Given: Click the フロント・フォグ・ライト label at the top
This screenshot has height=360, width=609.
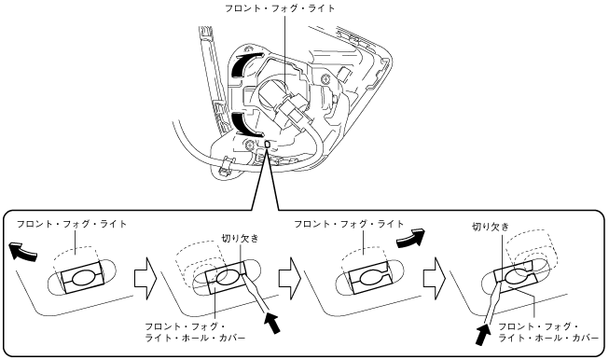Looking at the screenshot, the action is pos(280,8).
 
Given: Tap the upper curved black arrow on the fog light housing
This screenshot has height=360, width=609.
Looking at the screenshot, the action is pos(240,66).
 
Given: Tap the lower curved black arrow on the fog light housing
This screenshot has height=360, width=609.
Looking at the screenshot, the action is pos(243,125).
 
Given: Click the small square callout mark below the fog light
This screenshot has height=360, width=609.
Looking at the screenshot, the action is pos(267,145).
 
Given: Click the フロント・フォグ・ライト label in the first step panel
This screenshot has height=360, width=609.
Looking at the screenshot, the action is pos(72,224).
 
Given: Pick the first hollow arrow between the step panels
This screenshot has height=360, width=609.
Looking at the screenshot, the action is pos(145,278).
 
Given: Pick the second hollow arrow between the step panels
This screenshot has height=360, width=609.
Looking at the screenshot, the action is pos(290,278).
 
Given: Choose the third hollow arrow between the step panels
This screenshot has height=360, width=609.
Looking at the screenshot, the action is pos(435,278).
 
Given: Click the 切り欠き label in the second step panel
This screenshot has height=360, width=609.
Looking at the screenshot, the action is pos(240,238).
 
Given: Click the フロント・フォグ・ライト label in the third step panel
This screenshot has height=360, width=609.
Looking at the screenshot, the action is pos(349,224).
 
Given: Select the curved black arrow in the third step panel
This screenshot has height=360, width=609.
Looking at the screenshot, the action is pos(411,238).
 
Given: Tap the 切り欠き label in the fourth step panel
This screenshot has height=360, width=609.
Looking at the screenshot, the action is pos(491,227).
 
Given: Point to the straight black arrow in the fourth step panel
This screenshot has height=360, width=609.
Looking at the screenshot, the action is pos(483,335).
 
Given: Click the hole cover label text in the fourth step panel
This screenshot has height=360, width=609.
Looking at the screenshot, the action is pos(548,332).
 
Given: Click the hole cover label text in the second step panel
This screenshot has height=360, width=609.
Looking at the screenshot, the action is pos(195,332).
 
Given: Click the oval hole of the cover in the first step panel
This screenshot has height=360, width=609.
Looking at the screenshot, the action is pos(81,278).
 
